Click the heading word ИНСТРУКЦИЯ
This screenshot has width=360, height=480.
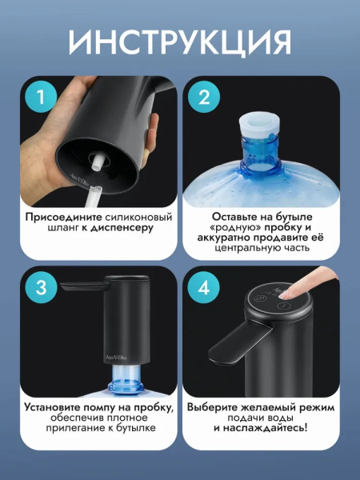coord(180,42)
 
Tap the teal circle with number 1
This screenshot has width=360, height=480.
coord(41,98)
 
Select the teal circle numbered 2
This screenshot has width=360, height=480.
coord(204,98)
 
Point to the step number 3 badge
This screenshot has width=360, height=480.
coord(41,288)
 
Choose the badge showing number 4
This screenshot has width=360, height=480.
coord(204,288)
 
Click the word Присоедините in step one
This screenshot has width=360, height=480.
coord(64,218)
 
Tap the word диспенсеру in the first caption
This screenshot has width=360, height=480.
coord(122,228)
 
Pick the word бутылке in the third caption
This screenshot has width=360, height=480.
coord(136,428)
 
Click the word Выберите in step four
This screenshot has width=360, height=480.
coord(213,407)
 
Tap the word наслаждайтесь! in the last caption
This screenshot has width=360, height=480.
coord(265,428)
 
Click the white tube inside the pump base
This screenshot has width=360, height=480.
coord(97,162)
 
